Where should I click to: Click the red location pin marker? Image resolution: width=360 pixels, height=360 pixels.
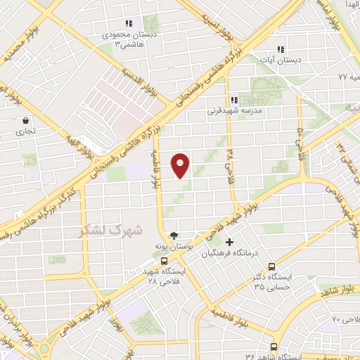(181, 166)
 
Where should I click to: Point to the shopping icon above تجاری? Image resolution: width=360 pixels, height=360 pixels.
(26, 120)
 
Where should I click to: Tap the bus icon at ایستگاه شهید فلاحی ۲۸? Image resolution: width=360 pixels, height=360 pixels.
(164, 261)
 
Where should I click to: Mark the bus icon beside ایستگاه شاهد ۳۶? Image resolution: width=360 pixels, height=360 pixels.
(274, 346)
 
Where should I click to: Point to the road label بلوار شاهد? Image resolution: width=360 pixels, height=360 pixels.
(340, 289)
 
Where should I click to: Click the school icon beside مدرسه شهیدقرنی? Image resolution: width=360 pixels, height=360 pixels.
(234, 100)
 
